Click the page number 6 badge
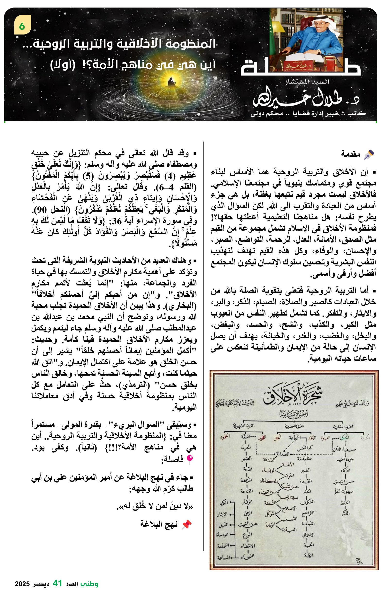(x=22, y=26)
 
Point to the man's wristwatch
(x=319, y=52)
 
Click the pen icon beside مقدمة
(x=369, y=154)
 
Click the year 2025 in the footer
(x=22, y=584)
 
